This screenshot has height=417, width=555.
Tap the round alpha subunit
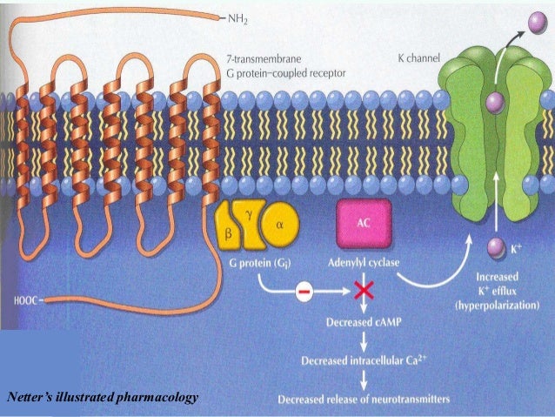coord(279,221)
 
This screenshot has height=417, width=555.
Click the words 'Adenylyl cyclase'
coord(364,262)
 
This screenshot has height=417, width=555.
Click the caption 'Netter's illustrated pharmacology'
coord(102,397)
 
